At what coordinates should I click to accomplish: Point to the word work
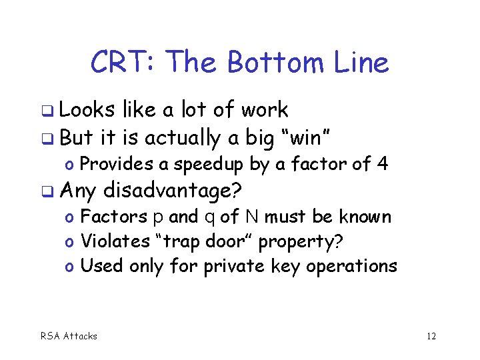(265, 110)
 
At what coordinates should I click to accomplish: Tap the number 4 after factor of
(383, 164)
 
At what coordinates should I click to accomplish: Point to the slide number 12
(431, 336)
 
